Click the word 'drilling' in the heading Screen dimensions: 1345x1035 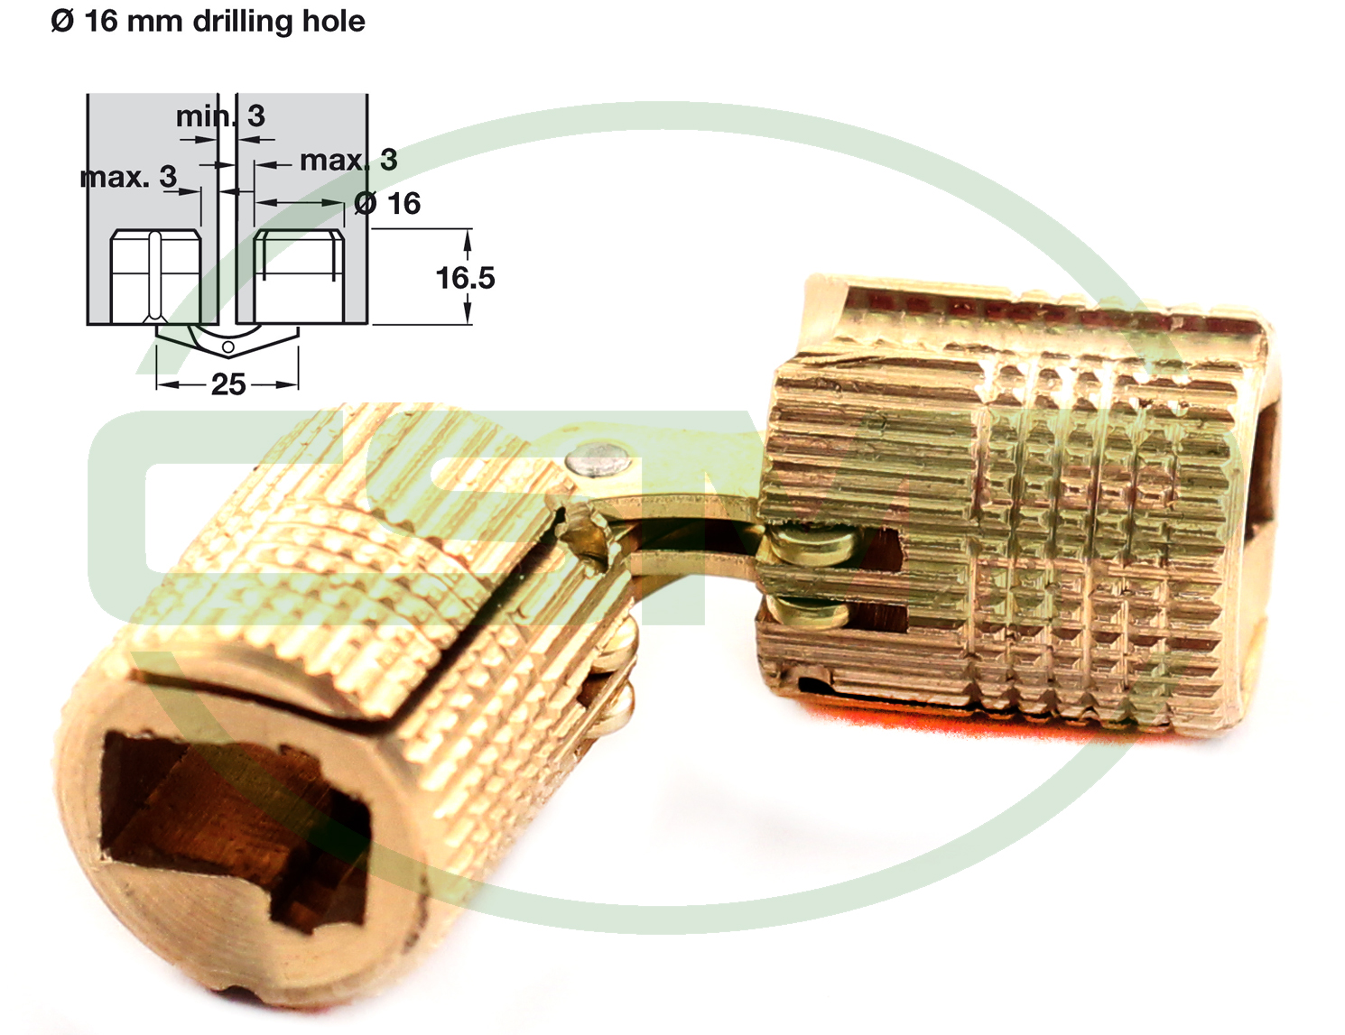(x=243, y=23)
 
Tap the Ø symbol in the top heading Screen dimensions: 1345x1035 (x=62, y=22)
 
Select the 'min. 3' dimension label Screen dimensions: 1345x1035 (x=220, y=116)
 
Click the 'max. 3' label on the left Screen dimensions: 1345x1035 (x=129, y=177)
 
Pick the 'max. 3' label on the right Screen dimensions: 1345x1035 (x=348, y=160)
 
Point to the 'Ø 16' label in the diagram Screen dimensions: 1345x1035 (x=387, y=204)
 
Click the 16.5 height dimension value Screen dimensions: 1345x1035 (x=466, y=278)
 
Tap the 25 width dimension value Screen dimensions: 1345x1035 (x=228, y=384)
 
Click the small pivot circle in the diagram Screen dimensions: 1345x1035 (x=227, y=347)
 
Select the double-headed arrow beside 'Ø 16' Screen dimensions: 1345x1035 (x=300, y=202)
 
